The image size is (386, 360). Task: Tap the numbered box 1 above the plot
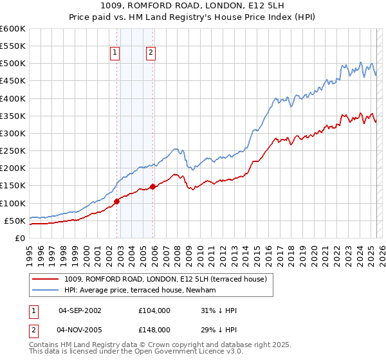point(115,53)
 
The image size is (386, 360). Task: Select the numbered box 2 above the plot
point(151,53)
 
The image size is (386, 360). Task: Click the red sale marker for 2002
point(116,202)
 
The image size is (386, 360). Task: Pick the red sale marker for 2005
point(152,186)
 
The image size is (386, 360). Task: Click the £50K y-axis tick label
point(15,221)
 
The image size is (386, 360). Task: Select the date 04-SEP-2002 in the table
point(80,310)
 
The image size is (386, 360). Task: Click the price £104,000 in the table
point(154,310)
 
